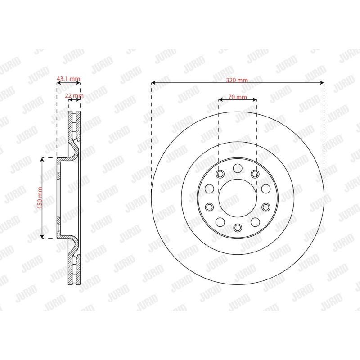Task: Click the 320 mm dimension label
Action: click(238, 80)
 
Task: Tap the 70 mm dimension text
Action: click(238, 97)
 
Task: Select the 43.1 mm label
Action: click(68, 79)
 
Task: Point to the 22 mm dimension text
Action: click(74, 96)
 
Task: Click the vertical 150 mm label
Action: click(40, 198)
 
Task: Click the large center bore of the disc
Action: click(238, 198)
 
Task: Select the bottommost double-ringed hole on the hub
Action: click(238, 227)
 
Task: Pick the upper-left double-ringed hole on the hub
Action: click(220, 174)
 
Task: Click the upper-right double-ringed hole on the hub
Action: click(255, 174)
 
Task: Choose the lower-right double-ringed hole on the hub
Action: click(266, 207)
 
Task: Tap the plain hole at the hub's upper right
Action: click(265, 188)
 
